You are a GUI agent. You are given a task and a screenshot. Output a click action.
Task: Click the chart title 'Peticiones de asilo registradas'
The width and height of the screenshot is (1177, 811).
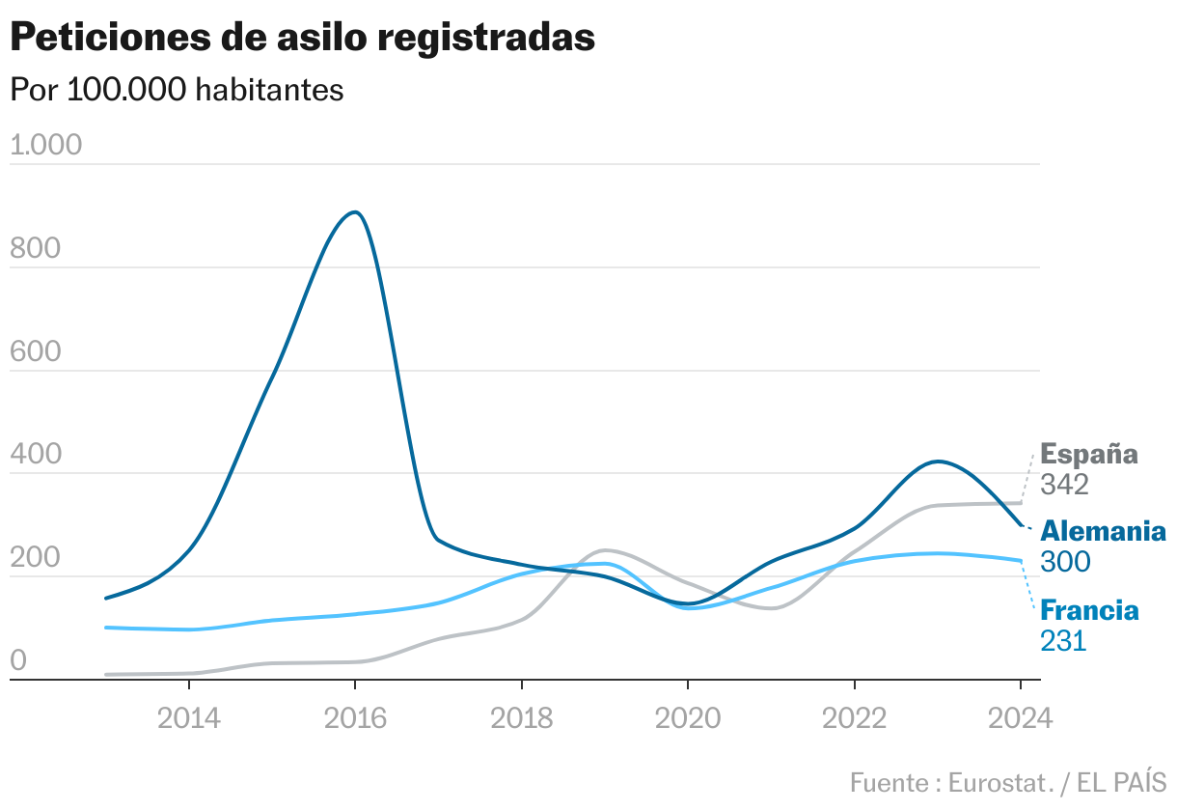point(302,38)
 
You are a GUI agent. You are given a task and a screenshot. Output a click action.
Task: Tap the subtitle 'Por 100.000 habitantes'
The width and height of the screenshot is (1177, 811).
point(177,90)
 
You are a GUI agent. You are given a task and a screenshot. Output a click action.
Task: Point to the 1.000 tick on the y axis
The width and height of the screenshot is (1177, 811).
point(45,146)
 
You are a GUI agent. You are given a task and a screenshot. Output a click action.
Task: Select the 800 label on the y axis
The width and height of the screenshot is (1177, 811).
point(35,249)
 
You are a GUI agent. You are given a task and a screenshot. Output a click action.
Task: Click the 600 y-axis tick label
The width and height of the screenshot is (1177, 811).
point(35,352)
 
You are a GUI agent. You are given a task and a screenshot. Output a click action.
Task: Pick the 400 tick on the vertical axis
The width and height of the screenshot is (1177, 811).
point(35,455)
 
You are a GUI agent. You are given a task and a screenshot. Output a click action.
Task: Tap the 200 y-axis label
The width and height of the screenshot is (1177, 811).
point(35,558)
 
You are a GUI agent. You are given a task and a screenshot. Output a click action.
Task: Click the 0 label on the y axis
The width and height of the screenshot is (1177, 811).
point(18,661)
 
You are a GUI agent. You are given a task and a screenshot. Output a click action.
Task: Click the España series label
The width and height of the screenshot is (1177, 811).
point(1089,455)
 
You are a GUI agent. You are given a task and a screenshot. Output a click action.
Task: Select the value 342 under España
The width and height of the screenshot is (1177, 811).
point(1064,485)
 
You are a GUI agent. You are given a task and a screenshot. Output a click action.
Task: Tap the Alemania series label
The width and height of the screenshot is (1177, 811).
point(1103,532)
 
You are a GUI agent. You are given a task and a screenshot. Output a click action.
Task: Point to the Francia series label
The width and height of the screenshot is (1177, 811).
point(1089,611)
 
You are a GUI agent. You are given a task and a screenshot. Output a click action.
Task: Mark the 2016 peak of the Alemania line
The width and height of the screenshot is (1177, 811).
point(355,212)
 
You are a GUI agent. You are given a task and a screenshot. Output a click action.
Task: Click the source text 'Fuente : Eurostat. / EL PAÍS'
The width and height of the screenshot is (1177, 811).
point(1008,782)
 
